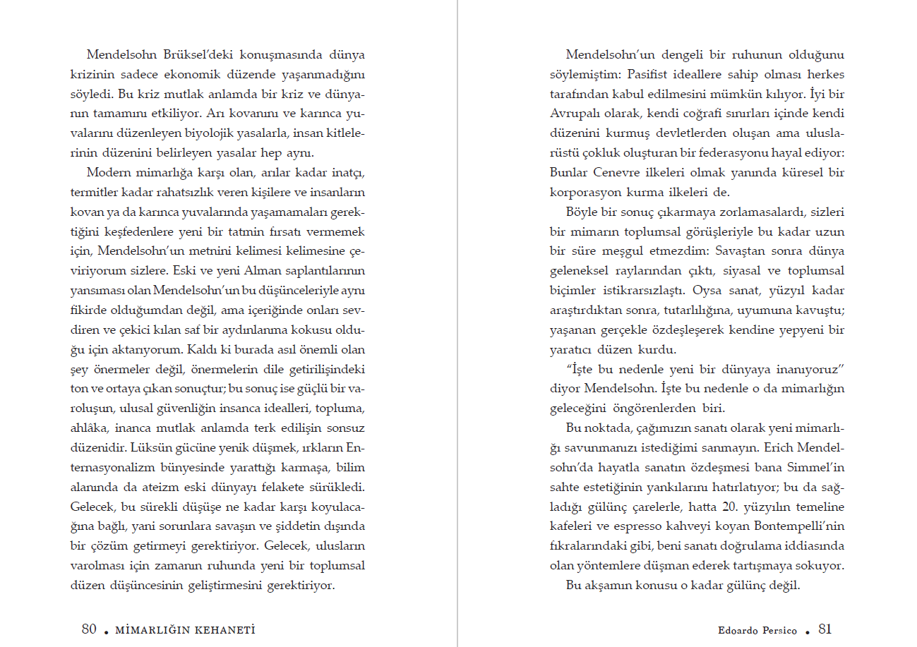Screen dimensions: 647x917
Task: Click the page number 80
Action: (x=89, y=629)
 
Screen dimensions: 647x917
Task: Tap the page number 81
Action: (x=825, y=629)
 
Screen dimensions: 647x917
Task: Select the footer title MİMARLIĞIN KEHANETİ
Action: (x=184, y=630)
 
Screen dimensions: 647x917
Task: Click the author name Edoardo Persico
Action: (x=757, y=631)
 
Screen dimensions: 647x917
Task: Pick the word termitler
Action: (x=95, y=192)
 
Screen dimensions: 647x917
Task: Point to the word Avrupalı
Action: (x=576, y=114)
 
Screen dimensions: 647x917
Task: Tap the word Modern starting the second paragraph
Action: (x=108, y=172)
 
